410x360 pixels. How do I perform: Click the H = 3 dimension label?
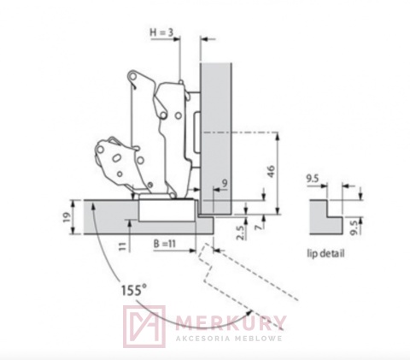click(x=161, y=32)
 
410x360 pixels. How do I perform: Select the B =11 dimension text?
click(x=165, y=244)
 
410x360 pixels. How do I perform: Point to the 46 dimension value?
click(x=272, y=171)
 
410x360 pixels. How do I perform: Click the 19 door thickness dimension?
click(x=67, y=217)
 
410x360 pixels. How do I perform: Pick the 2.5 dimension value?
click(x=241, y=233)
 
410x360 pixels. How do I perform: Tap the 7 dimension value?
click(x=258, y=227)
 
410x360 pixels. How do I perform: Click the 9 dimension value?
click(x=225, y=183)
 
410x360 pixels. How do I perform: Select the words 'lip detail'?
click(x=325, y=253)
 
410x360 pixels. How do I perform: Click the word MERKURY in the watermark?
click(x=230, y=323)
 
